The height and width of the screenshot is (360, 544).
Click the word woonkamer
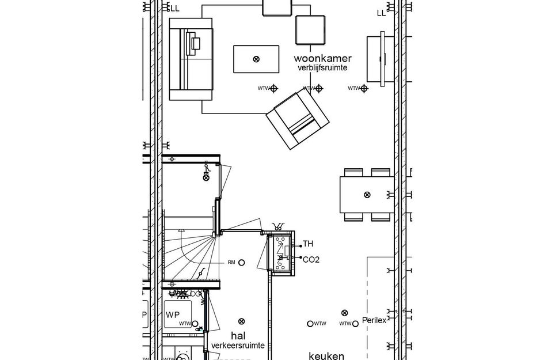point(322,58)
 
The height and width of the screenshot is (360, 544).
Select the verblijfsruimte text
point(322,68)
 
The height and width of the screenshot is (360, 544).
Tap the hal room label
point(238,335)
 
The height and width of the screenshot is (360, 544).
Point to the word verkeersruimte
point(238,345)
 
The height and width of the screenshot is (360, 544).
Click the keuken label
point(326,355)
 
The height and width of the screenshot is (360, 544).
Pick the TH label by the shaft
point(308,244)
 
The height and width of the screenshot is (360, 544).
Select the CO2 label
point(311,259)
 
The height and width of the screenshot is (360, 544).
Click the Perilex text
point(374,320)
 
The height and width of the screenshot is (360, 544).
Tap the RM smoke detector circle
point(242,263)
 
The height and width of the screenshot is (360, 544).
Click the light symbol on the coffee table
point(256,58)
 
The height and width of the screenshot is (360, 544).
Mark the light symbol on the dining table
point(367,195)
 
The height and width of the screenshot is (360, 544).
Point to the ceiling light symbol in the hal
point(241,321)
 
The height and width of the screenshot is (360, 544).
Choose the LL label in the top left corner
point(174,8)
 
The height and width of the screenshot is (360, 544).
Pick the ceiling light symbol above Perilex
point(345,312)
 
